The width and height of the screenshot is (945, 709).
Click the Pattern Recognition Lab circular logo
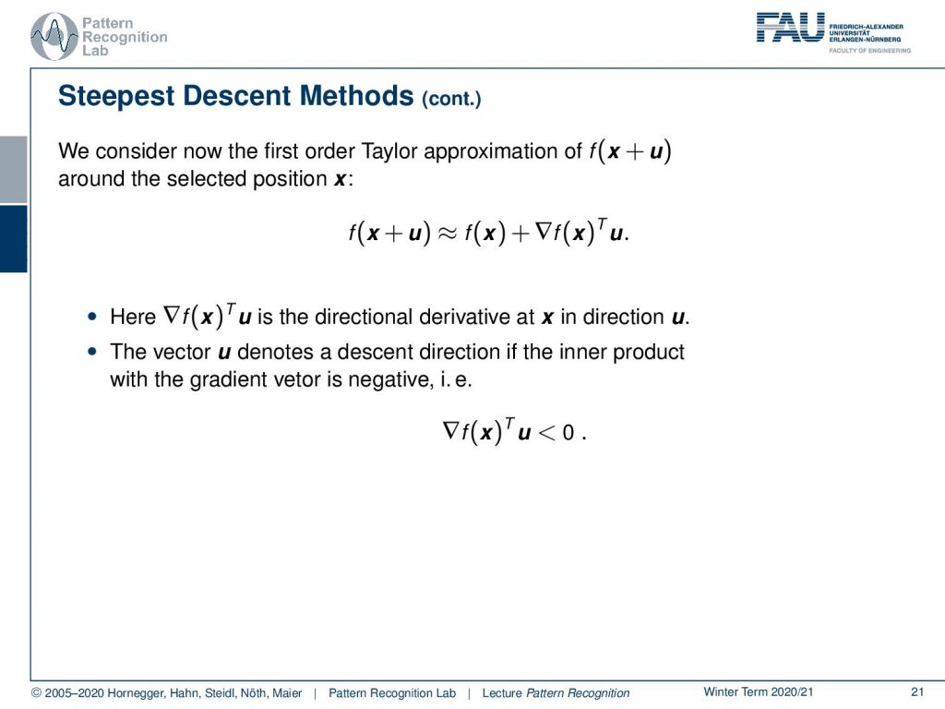pos(54,36)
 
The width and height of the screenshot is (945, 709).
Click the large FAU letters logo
pos(790,27)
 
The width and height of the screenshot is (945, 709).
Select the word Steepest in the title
pos(116,96)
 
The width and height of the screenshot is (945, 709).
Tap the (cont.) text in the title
pos(451,99)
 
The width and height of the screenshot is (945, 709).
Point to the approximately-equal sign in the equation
pos(447,233)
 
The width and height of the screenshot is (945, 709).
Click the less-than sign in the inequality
pos(546,432)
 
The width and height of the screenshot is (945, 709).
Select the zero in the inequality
pos(568,432)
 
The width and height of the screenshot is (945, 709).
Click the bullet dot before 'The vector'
pos(91,351)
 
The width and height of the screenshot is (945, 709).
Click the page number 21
pos(917,692)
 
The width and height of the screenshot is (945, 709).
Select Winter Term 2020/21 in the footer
pos(759,692)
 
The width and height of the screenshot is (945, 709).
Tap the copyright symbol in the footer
pos(36,693)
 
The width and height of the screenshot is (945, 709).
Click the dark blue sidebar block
pos(13,239)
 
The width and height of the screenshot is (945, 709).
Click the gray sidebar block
pos(13,170)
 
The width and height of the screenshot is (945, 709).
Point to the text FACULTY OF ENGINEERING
pos(869,51)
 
